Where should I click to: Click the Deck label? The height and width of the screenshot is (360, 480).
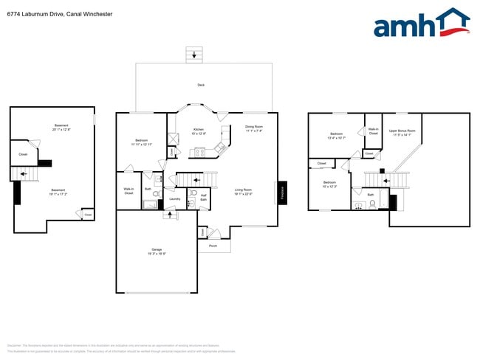point(201,86)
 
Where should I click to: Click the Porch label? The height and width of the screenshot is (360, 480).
point(213,246)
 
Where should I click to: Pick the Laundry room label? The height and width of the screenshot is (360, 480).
point(174,198)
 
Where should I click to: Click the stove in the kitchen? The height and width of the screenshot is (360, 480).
point(198,153)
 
